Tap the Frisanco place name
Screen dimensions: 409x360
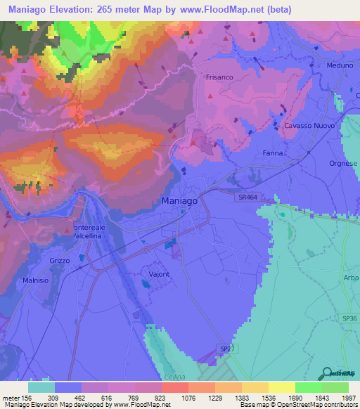219,77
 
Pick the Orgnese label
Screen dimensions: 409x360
343,164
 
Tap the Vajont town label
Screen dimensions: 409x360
160,274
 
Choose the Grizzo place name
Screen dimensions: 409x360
60,261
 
